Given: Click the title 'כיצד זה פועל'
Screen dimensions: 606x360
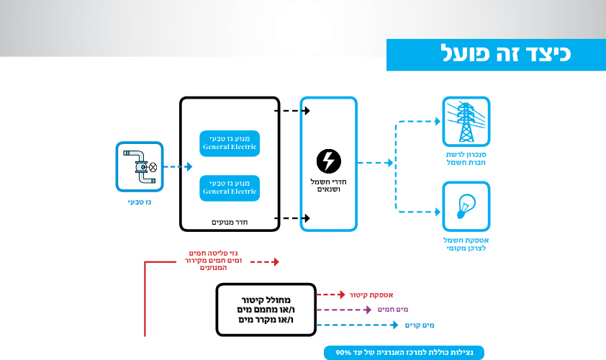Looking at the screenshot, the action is click(505, 53).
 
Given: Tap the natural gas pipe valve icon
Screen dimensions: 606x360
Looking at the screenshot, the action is click(140, 166).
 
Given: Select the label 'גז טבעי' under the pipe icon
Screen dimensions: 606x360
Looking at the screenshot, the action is click(140, 202).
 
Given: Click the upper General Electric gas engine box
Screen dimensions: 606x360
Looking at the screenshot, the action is click(230, 143).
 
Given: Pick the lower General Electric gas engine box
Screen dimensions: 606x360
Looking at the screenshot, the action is click(230, 189).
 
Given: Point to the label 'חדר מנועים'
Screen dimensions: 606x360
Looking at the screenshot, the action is click(230, 222).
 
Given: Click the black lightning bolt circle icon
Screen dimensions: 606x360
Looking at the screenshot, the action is click(328, 161).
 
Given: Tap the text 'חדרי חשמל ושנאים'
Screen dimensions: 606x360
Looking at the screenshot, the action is click(328, 186).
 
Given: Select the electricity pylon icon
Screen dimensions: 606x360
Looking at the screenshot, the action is click(466, 122).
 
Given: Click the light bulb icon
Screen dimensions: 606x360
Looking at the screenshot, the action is click(466, 207).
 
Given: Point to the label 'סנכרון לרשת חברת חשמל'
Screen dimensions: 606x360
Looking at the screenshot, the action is click(466, 158).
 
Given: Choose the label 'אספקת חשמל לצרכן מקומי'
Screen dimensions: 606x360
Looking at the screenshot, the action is click(466, 244).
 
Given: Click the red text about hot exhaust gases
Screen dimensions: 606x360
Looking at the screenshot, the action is click(213, 260).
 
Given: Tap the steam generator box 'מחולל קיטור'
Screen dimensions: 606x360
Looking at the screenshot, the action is click(266, 310).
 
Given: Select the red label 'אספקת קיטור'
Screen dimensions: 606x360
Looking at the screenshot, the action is click(371, 295).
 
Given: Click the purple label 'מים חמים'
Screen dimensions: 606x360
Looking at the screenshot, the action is click(393, 310).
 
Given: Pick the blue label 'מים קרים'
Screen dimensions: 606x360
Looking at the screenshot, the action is click(420, 325).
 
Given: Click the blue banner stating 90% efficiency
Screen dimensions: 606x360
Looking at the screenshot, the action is click(404, 353).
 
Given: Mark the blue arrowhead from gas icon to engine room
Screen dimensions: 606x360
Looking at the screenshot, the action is click(189, 166).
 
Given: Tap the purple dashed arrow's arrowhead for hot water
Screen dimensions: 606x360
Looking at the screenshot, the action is click(368, 310).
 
